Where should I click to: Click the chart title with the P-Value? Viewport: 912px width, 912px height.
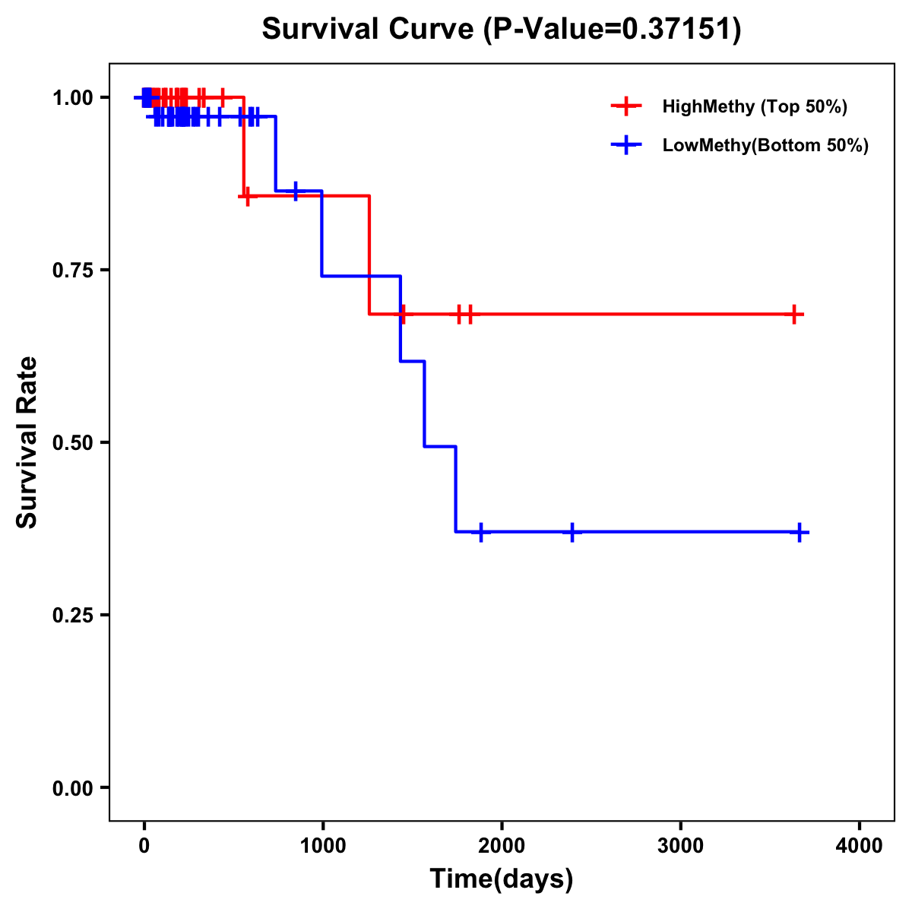[x=501, y=29]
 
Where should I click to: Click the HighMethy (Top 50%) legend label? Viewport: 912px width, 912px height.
[x=755, y=106]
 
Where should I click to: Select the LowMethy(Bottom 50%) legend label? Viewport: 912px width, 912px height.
[x=765, y=145]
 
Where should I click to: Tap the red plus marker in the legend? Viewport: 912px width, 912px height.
[x=625, y=106]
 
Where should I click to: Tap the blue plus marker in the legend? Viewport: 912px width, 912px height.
[x=625, y=145]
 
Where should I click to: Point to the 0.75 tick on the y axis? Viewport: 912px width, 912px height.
[x=71, y=270]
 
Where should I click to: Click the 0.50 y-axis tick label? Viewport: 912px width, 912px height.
[x=71, y=442]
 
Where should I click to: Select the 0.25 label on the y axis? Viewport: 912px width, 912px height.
[x=71, y=615]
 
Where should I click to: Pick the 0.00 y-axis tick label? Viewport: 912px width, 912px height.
[x=71, y=788]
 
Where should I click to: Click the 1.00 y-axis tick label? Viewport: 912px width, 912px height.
[x=71, y=98]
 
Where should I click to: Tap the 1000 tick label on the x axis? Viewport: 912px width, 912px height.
[x=322, y=846]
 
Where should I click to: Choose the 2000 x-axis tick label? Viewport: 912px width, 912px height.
[x=502, y=846]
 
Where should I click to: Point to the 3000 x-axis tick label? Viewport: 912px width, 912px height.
[x=680, y=846]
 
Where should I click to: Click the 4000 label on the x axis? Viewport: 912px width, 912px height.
[x=860, y=846]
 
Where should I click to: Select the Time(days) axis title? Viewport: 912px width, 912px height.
[x=502, y=879]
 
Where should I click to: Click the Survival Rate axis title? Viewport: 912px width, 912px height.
[x=27, y=442]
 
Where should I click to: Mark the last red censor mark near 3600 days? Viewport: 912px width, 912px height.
[x=793, y=314]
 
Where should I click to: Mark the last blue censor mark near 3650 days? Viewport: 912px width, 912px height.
[x=799, y=532]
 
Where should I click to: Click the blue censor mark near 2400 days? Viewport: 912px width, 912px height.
[x=572, y=532]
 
